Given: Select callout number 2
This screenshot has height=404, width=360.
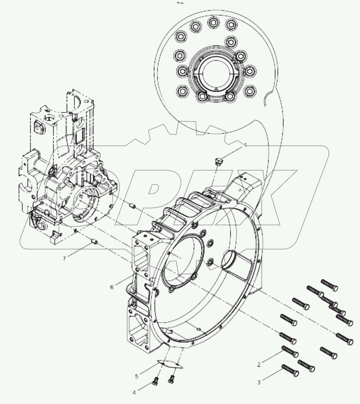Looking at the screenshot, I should pyautogui.click(x=259, y=365).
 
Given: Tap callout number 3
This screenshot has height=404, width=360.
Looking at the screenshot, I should pyautogui.click(x=259, y=382).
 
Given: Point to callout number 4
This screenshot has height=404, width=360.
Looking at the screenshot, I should pyautogui.click(x=134, y=392).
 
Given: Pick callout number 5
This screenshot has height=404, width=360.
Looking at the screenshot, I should pyautogui.click(x=137, y=376).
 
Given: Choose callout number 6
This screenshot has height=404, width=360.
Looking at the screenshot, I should pyautogui.click(x=112, y=287).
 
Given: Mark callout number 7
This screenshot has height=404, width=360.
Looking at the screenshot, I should pyautogui.click(x=65, y=258).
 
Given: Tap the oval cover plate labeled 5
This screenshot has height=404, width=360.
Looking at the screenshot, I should pyautogui.click(x=169, y=364).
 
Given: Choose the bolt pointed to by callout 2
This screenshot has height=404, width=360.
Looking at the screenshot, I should pyautogui.click(x=289, y=352).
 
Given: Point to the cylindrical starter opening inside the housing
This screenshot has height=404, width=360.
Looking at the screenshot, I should pyautogui.click(x=233, y=261).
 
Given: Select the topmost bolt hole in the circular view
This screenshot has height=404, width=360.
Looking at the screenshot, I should pyautogui.click(x=213, y=22).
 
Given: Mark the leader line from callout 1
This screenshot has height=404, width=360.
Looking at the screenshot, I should pyautogui.click(x=232, y=152).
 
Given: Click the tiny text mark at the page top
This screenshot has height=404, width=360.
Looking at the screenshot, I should pyautogui.click(x=180, y=3).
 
